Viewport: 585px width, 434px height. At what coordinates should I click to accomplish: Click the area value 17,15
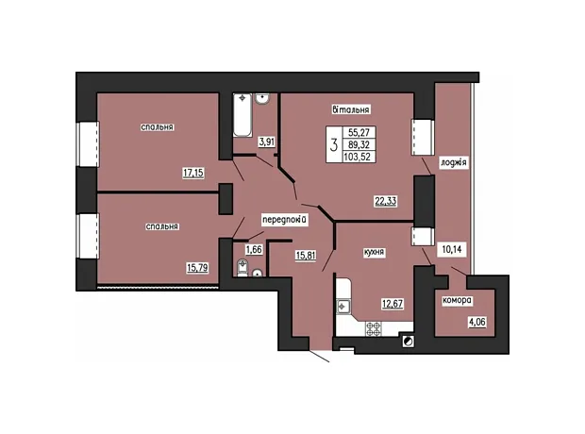(x=193, y=173)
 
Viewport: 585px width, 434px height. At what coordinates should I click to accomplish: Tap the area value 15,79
(x=197, y=268)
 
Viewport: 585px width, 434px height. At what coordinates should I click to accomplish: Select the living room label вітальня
(x=351, y=109)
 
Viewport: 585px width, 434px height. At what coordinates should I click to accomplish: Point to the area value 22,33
(x=386, y=202)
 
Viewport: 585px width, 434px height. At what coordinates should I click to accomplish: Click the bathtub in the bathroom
(x=242, y=114)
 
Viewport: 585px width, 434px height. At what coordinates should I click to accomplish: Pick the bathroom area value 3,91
(x=267, y=142)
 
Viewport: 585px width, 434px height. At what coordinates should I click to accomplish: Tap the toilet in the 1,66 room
(x=242, y=268)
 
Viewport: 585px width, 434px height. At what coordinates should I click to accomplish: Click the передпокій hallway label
(x=285, y=220)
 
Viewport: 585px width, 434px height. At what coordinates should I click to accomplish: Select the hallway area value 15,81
(x=306, y=256)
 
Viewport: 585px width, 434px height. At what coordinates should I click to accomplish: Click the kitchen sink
(x=343, y=307)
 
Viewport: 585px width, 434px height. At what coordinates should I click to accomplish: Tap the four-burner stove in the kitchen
(x=373, y=328)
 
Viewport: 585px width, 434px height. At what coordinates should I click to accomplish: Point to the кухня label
(x=374, y=252)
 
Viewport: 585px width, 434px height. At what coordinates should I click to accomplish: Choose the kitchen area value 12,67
(x=393, y=304)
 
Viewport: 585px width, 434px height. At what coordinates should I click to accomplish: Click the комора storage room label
(x=457, y=300)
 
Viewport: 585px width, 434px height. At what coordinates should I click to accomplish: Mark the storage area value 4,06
(x=477, y=322)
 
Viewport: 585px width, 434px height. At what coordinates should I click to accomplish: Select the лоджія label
(x=453, y=162)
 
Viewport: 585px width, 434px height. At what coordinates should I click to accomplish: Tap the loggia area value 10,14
(x=452, y=250)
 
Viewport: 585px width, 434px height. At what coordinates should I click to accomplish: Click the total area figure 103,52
(x=358, y=157)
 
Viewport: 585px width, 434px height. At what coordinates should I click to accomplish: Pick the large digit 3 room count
(x=334, y=144)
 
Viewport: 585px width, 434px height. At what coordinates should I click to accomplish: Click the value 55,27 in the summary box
(x=359, y=132)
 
